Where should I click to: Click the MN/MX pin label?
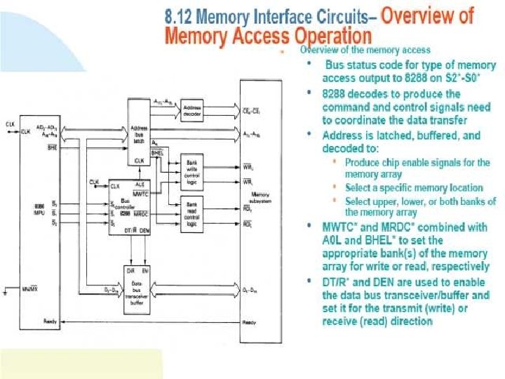[29, 288]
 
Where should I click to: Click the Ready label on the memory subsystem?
[249, 322]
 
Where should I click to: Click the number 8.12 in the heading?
[180, 15]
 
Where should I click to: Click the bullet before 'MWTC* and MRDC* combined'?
[309, 227]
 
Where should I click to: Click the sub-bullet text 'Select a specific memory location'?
[415, 188]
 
